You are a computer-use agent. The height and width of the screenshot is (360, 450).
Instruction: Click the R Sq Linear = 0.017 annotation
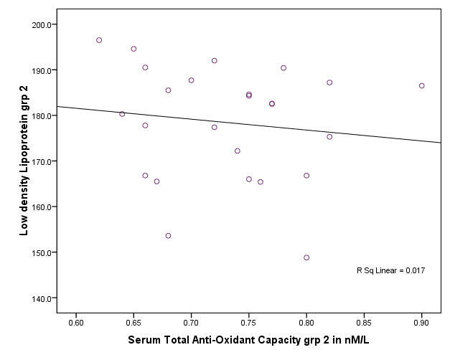(x=390, y=270)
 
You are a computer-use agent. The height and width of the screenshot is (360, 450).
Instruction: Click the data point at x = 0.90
(x=422, y=86)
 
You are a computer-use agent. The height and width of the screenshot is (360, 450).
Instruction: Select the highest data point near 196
(x=99, y=40)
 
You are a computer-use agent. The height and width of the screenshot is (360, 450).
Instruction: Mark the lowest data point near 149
(x=306, y=257)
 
